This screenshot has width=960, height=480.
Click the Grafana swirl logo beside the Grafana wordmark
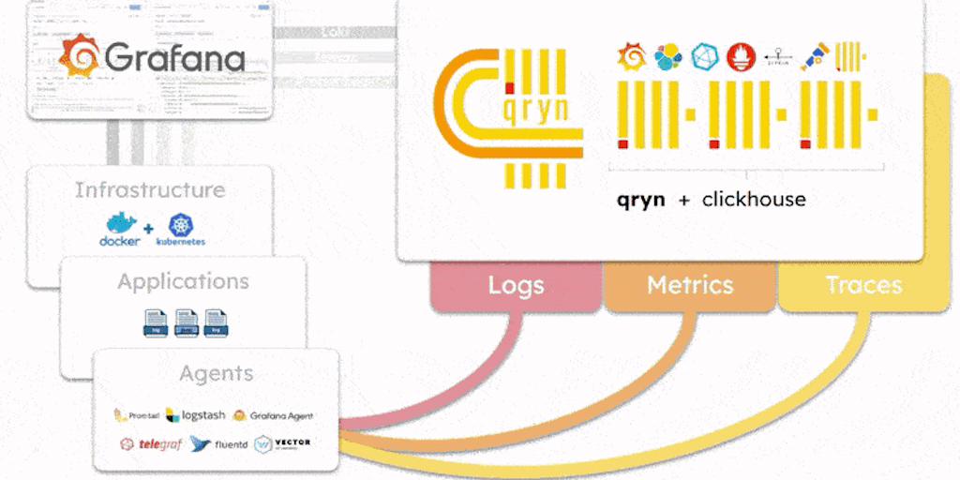[x=80, y=57]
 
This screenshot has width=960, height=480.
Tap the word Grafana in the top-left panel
[x=175, y=59]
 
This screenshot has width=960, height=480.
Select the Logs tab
[x=516, y=285]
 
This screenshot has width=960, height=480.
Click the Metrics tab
[x=690, y=285]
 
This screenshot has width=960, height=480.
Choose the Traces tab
[x=863, y=285]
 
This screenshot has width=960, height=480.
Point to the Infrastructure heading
[x=150, y=190]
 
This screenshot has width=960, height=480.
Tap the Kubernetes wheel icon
[x=180, y=224]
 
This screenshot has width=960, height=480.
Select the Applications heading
[x=184, y=281]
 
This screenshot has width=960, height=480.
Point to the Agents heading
[x=216, y=373]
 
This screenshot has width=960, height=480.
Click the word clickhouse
[x=754, y=200]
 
